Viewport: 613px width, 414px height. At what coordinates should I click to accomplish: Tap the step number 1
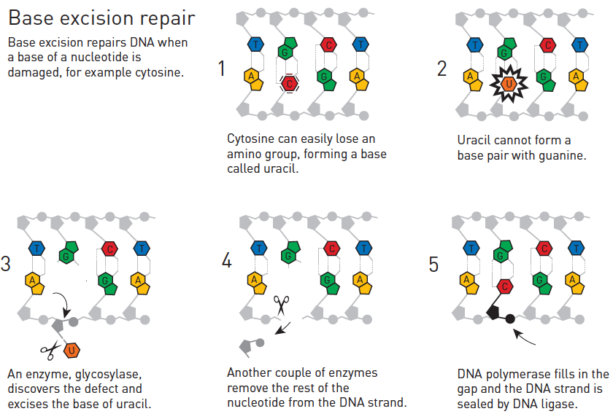(x=222, y=69)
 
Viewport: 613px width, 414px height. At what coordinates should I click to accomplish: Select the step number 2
(x=442, y=69)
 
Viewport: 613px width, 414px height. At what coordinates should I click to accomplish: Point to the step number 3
(x=6, y=264)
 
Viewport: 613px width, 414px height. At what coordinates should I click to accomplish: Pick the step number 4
(x=227, y=259)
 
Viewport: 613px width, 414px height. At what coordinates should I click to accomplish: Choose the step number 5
(x=433, y=265)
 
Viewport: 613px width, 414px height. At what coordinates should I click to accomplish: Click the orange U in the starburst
(x=509, y=84)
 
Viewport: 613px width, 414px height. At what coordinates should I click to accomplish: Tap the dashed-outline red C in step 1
(x=289, y=84)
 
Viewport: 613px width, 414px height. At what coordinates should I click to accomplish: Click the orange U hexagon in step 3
(x=72, y=351)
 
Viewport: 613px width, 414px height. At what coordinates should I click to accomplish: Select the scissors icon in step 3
(x=50, y=350)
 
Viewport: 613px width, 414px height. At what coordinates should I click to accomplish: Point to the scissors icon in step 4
(x=282, y=305)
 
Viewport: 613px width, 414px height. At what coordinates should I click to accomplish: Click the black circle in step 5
(x=510, y=319)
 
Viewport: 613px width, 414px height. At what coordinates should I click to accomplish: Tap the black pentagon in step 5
(x=494, y=313)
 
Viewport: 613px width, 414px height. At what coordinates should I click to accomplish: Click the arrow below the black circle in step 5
(x=524, y=337)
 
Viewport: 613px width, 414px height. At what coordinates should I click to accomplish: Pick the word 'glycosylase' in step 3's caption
(x=108, y=374)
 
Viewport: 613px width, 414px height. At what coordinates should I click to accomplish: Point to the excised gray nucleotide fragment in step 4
(x=251, y=346)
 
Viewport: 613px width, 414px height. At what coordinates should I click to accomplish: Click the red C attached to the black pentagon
(x=505, y=286)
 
